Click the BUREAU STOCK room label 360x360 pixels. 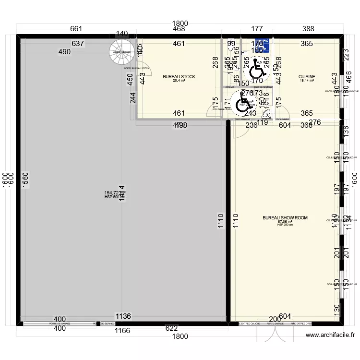coord(179,77)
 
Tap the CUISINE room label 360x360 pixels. coord(306,77)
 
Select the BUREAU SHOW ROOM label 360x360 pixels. coord(285,218)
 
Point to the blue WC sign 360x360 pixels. coord(263,45)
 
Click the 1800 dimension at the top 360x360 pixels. coord(180,23)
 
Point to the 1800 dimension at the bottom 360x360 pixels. coord(180,336)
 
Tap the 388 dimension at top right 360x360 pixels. coord(308,29)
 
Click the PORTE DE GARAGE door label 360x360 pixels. coord(60,324)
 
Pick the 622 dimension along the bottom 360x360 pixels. coord(171,329)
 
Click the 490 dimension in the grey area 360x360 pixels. coord(65,52)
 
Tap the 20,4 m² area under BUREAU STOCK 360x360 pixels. coord(179,81)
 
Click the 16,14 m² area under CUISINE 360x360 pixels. coord(306,81)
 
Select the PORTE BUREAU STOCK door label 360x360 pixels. coord(137,69)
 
